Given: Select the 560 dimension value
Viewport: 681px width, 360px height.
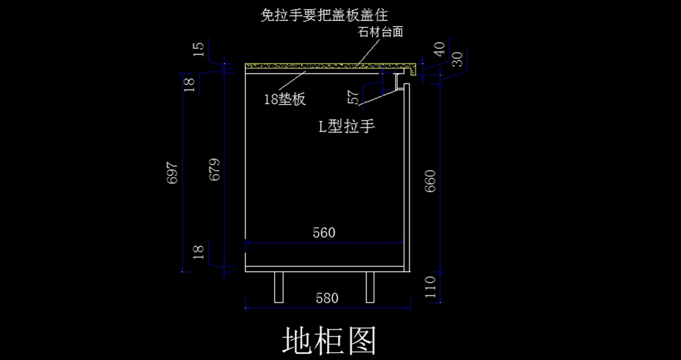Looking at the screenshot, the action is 324,233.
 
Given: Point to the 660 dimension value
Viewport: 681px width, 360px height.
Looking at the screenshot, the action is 430,181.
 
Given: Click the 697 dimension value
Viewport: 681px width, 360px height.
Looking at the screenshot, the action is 173,173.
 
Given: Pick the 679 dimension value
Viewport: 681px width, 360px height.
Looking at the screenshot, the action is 215,169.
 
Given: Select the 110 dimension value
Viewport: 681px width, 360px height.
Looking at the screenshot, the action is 430,287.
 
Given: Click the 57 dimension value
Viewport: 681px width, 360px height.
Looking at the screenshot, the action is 354,98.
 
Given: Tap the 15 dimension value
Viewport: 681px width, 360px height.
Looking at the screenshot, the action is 198,49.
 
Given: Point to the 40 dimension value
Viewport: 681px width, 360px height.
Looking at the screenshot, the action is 439,49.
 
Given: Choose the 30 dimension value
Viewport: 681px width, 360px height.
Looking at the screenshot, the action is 457,58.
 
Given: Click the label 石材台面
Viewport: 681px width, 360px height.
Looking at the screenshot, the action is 380,32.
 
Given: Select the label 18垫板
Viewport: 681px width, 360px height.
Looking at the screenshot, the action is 285,99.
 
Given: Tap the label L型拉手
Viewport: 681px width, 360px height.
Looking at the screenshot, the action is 346,126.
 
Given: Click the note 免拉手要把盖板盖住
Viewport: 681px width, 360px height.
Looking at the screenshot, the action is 332,15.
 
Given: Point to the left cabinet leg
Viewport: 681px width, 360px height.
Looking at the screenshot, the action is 279,287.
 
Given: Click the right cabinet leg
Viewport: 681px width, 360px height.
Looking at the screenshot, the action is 371,287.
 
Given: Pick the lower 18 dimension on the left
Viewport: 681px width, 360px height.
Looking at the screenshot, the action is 198,252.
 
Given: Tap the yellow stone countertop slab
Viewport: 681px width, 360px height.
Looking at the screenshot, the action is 318,66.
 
